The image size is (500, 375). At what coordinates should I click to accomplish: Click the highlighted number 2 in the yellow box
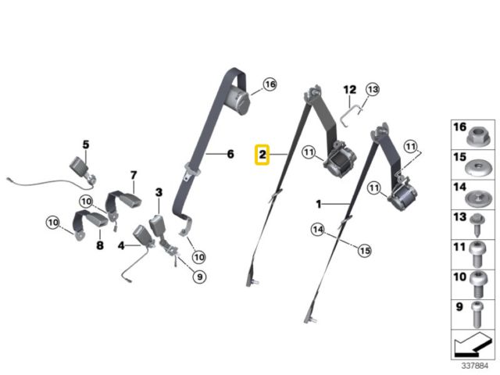tap(262, 155)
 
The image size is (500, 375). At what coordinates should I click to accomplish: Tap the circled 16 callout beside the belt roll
tap(270, 84)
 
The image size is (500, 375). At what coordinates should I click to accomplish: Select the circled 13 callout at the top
tap(373, 90)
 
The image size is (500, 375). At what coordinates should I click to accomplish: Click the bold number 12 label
tap(350, 90)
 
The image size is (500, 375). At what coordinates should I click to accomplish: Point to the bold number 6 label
tap(230, 154)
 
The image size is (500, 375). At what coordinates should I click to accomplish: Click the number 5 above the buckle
tap(86, 145)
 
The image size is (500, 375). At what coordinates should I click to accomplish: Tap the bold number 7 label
tap(134, 175)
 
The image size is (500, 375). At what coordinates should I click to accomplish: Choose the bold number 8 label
tap(100, 245)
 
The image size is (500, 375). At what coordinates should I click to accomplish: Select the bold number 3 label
tap(159, 192)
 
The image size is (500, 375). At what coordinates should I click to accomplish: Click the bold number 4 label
tap(121, 246)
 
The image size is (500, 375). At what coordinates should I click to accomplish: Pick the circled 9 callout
tap(200, 277)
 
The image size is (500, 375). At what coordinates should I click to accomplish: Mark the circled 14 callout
tap(318, 230)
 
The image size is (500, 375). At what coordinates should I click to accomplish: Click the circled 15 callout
tap(365, 251)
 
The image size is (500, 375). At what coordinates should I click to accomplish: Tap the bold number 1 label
tap(319, 204)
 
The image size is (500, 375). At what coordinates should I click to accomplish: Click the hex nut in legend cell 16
tap(476, 135)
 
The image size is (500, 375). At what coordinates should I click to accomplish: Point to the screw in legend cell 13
tap(477, 225)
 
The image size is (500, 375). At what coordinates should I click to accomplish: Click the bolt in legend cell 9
tap(477, 315)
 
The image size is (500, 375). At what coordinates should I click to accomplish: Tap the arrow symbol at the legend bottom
tap(473, 345)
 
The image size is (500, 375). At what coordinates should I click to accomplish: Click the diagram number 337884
tap(475, 366)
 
